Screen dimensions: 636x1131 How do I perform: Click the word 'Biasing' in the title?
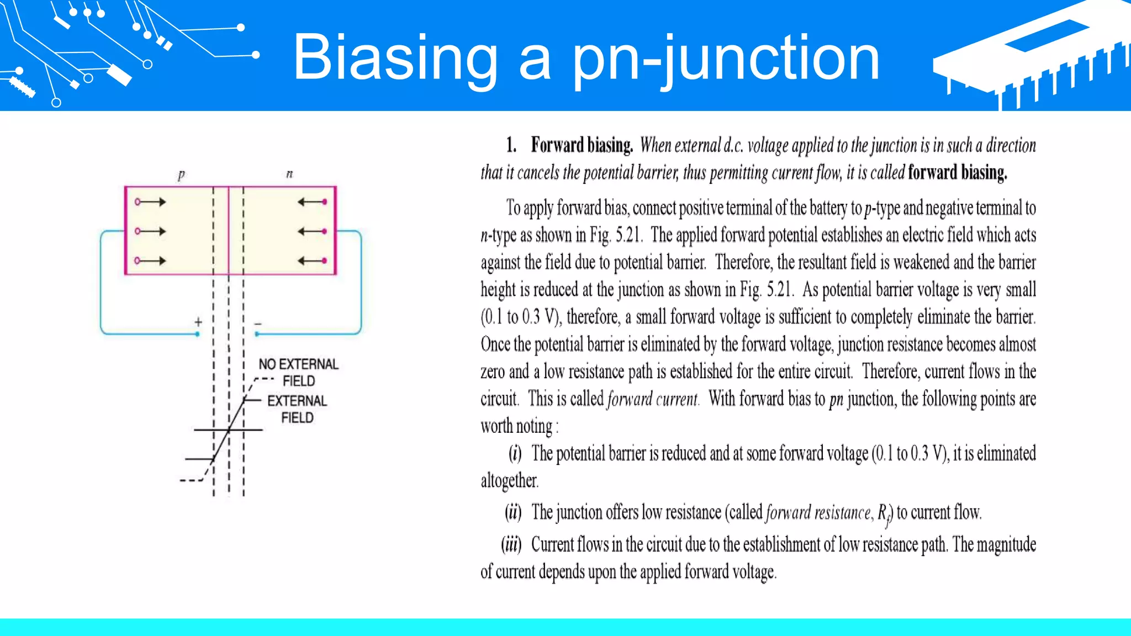coord(395,57)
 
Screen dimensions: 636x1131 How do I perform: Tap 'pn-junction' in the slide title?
coord(725,57)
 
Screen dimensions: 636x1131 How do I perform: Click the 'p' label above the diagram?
coord(181,175)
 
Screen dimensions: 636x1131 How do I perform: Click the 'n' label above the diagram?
coord(289,174)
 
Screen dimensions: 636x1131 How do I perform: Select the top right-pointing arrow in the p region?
coord(151,202)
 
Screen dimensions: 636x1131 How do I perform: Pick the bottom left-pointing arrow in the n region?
coord(313,261)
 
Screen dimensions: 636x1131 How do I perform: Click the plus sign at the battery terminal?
coord(198,321)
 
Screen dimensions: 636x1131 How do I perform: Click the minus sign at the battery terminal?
coord(258,324)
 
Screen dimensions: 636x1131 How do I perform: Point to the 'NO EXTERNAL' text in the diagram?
coord(298,364)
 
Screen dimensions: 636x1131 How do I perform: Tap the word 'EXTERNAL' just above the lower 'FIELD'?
coord(297,401)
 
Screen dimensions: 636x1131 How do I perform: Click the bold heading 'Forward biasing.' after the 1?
coord(582,145)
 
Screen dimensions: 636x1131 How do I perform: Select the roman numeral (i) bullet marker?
coord(515,454)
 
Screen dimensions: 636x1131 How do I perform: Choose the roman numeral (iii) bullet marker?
coord(511,545)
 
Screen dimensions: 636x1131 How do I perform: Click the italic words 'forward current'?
coord(652,399)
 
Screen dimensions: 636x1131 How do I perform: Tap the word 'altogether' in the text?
coord(509,481)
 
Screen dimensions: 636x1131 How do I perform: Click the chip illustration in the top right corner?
coord(1033,55)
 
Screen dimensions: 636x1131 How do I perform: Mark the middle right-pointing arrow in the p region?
coord(151,231)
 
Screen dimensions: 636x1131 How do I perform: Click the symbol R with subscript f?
coord(884,513)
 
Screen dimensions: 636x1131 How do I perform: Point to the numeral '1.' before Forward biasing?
coord(511,145)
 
